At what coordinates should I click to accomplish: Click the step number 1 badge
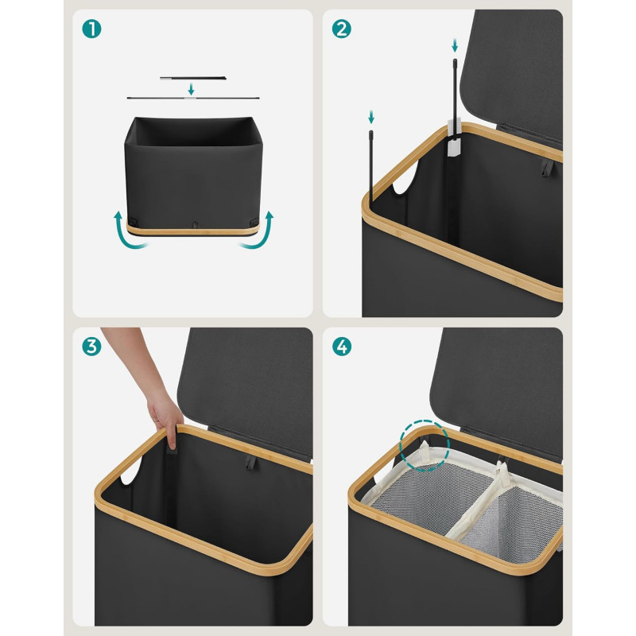(91, 29)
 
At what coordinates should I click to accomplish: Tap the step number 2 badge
(342, 29)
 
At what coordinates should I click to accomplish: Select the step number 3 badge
(91, 347)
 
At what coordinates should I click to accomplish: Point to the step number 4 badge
(342, 347)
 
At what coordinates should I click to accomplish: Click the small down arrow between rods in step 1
(191, 89)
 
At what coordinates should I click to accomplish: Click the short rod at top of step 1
(193, 78)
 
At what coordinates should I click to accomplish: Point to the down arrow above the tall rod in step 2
(455, 45)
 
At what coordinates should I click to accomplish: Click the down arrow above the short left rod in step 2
(370, 117)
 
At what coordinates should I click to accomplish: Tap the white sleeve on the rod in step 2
(454, 138)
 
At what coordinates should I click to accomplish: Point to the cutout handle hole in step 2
(404, 178)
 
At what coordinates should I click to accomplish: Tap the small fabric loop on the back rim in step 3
(250, 463)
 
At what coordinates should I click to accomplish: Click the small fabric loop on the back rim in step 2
(547, 168)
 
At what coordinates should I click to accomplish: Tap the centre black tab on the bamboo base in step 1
(195, 225)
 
